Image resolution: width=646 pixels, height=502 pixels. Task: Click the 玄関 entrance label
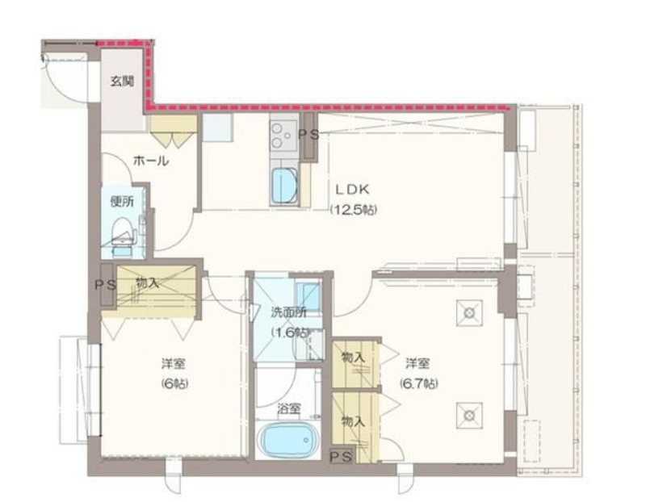click(x=122, y=82)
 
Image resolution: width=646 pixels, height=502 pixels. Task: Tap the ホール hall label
click(x=151, y=161)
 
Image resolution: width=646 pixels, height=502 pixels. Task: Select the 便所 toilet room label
click(x=122, y=202)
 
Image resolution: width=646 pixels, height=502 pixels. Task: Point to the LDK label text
click(x=351, y=190)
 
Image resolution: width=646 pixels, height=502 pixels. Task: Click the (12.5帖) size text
click(x=354, y=210)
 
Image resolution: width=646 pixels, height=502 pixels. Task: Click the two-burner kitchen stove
click(x=284, y=135)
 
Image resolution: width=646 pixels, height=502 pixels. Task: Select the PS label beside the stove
click(x=308, y=134)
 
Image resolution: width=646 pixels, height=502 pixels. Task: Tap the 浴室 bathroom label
click(x=288, y=409)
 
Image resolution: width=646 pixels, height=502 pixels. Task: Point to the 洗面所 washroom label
click(x=288, y=312)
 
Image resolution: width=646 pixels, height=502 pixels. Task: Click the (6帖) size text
click(x=174, y=384)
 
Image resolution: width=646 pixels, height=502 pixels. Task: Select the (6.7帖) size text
click(x=418, y=384)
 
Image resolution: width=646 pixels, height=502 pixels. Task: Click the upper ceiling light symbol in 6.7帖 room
click(x=469, y=313)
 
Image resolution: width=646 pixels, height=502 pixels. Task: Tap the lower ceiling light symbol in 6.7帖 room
click(x=469, y=415)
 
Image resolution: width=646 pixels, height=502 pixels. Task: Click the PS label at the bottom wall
click(x=342, y=456)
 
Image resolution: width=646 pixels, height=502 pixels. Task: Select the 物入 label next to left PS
click(x=148, y=283)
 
